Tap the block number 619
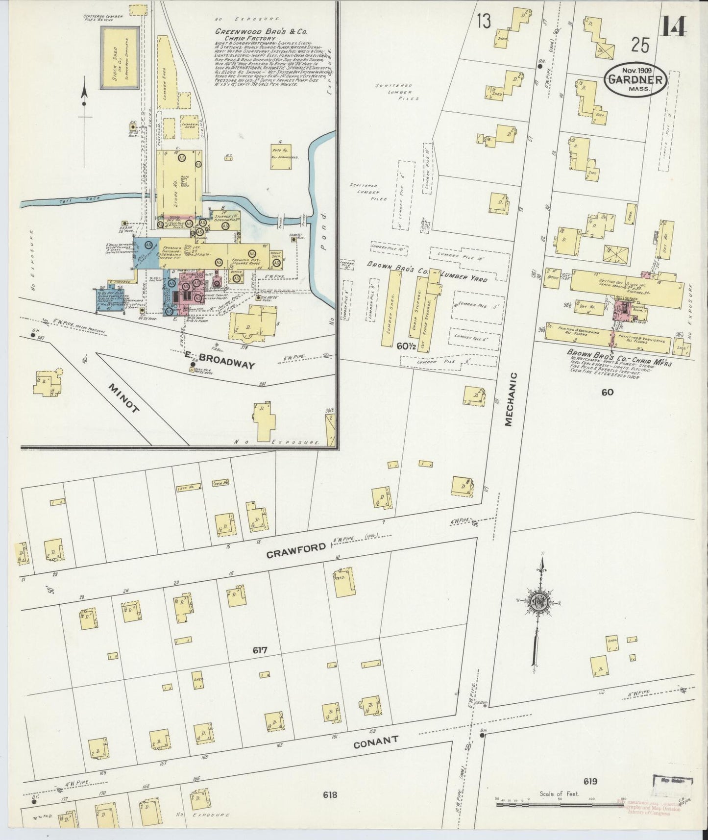(590, 781)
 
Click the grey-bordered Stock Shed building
(120, 57)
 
